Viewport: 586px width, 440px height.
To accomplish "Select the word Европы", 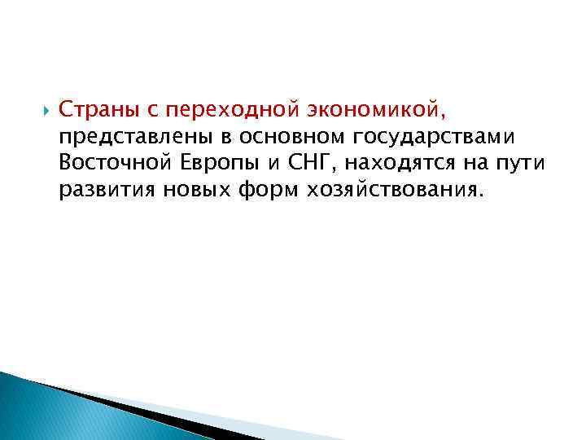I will point(215,162).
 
